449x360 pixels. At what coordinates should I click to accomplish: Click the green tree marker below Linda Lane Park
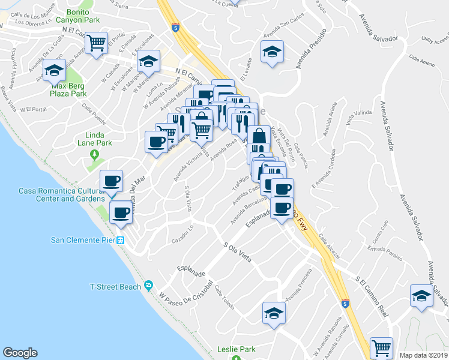[x=94, y=155]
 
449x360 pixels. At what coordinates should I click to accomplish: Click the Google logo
[x=20, y=353]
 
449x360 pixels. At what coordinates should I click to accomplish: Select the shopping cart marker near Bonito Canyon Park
[x=96, y=43]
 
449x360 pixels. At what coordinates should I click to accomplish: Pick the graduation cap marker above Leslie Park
[x=274, y=313]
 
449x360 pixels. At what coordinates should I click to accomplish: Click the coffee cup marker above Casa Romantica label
[x=112, y=181]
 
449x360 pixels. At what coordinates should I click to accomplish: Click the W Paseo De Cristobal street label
[x=186, y=290]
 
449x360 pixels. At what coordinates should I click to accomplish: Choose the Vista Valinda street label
[x=359, y=116]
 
